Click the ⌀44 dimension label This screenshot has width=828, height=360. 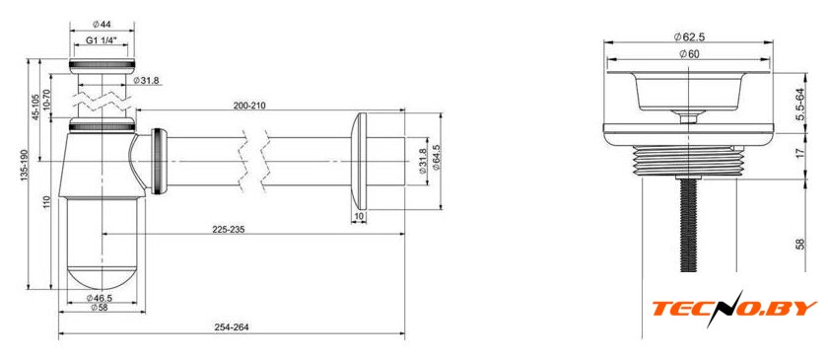click(102, 24)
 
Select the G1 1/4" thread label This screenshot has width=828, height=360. click(102, 40)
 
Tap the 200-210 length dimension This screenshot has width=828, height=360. click(249, 106)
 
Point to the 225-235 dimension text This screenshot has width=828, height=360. click(228, 229)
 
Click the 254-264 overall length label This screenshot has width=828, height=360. click(232, 327)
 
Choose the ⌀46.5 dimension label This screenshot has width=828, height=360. click(99, 298)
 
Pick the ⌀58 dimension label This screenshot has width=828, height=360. click(99, 308)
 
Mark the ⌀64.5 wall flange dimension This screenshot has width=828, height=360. click(436, 158)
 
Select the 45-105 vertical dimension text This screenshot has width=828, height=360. click(35, 108)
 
